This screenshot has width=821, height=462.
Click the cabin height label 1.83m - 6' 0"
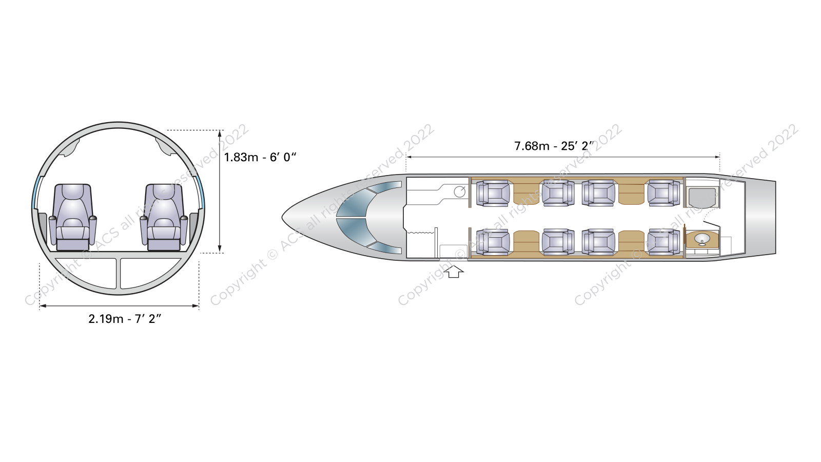pyautogui.click(x=260, y=157)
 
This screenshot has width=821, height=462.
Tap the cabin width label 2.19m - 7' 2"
pyautogui.click(x=125, y=319)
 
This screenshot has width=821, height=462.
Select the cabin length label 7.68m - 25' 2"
pyautogui.click(x=554, y=146)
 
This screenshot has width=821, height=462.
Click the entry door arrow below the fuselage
pyautogui.click(x=454, y=272)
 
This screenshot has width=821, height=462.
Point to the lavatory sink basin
pyautogui.click(x=702, y=239)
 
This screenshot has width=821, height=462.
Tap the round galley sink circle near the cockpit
pyautogui.click(x=460, y=191)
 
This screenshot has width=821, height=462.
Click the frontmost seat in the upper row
pyautogui.click(x=493, y=193)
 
